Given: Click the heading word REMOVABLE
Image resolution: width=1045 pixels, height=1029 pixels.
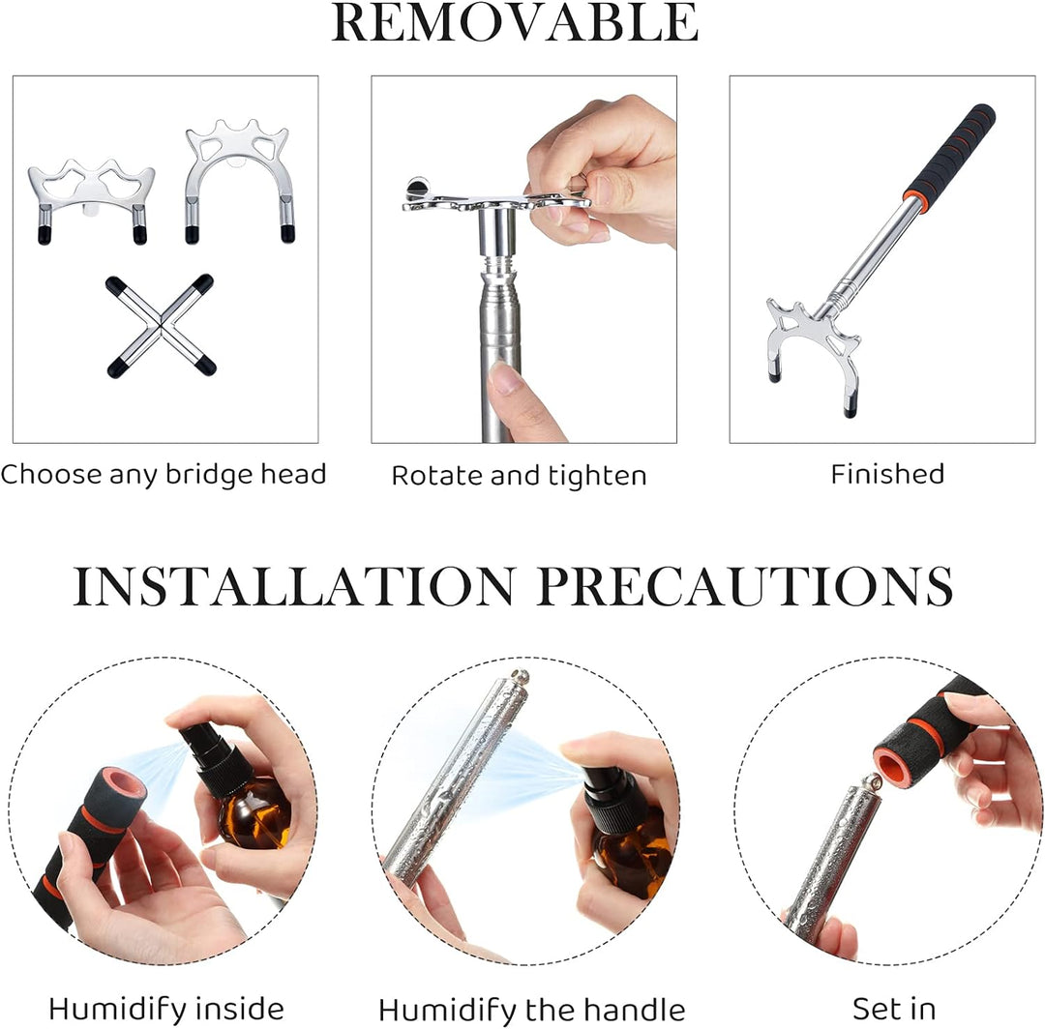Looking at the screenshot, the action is pos(515,22).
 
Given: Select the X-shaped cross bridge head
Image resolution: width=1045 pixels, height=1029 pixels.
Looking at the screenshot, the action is pos(161,326).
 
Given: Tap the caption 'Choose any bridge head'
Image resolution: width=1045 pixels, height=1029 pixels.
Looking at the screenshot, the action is pos(164,474).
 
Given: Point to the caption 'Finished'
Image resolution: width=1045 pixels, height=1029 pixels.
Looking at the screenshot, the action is pos(887,474).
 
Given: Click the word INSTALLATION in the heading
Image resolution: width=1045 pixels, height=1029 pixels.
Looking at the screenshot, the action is pos(293,586).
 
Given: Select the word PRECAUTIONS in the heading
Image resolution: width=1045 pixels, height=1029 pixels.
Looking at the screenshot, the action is pos(745,586).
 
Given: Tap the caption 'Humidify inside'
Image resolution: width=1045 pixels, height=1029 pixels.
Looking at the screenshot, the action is pos(166,1009).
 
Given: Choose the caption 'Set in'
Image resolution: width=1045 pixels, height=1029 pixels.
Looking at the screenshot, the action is pos(894,1009).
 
